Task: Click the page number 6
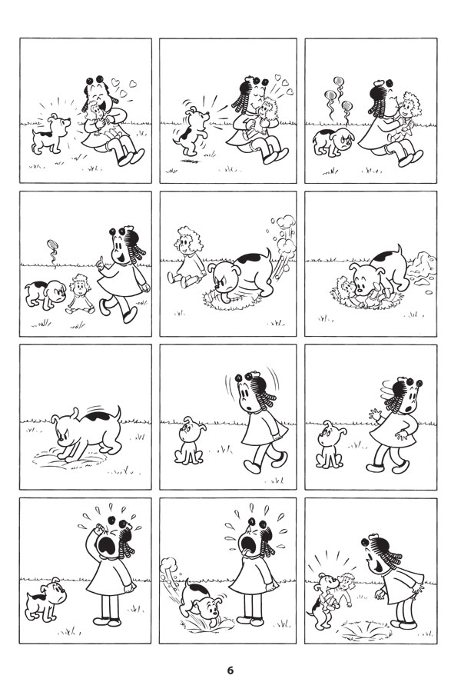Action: [230, 670]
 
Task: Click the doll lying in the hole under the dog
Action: [353, 293]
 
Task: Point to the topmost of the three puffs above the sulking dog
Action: [338, 82]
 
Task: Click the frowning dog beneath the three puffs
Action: [333, 142]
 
